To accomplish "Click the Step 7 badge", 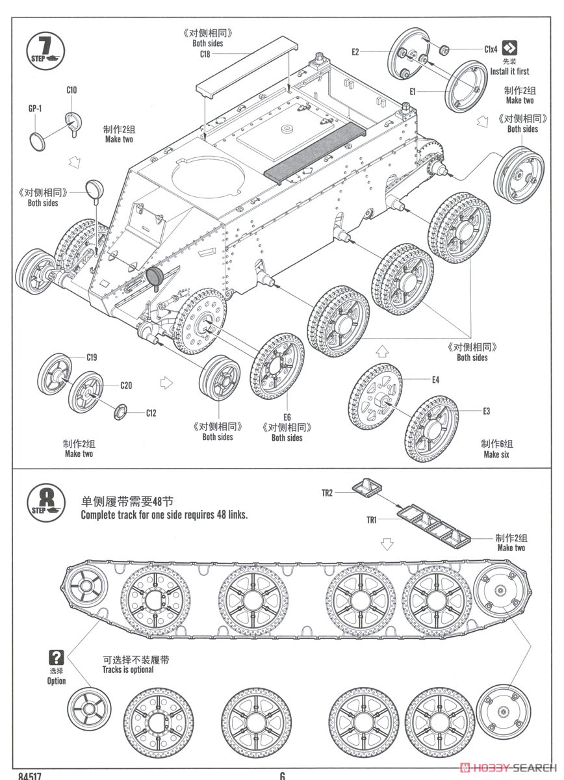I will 45,48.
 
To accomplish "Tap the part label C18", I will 205,55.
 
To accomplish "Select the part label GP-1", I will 35,109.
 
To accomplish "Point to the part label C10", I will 71,90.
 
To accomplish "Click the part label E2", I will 355,52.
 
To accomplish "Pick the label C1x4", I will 491,49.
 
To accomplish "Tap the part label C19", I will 92,357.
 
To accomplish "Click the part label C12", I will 151,413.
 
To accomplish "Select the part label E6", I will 287,417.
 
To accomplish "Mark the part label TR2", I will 327,493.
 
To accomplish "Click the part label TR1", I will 371,519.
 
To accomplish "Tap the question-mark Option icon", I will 57,657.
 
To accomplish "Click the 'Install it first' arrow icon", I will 512,48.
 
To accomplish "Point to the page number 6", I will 282,775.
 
